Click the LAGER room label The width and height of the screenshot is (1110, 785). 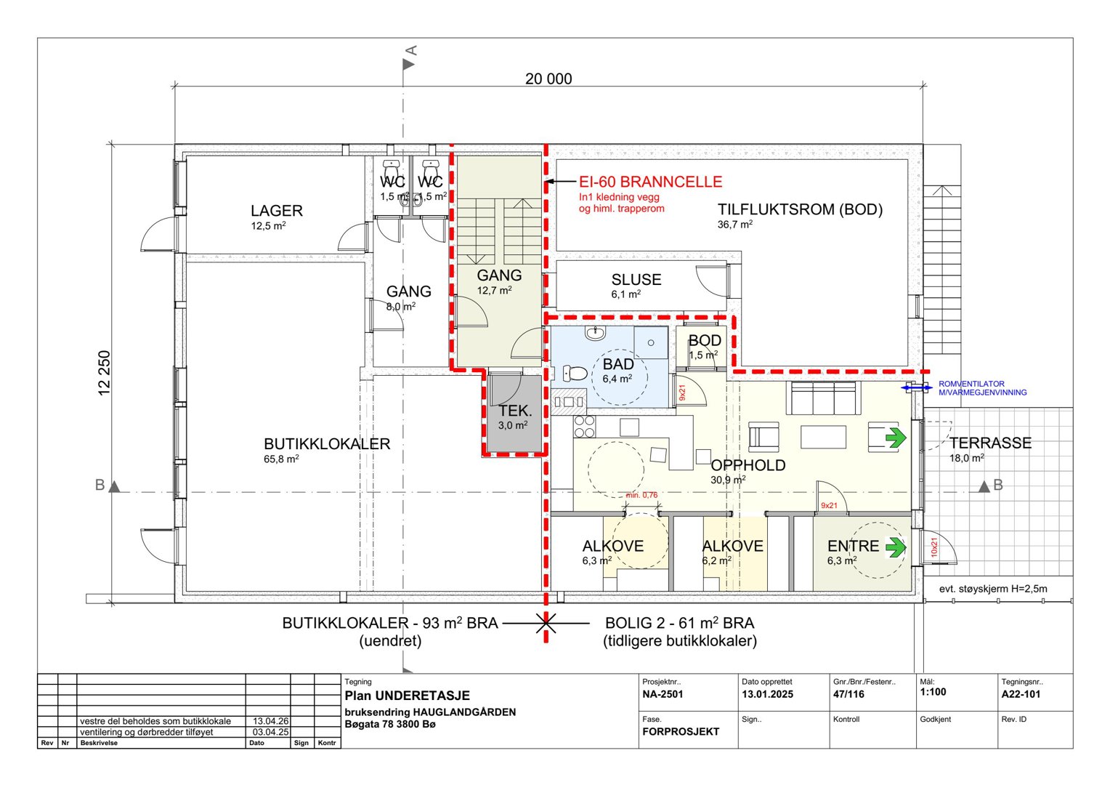pos(277,211)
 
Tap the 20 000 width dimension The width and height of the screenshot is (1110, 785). pos(548,78)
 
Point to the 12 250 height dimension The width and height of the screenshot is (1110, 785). pos(104,373)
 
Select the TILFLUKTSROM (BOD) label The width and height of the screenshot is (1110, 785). pos(801,209)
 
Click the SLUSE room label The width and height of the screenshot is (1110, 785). pos(636,280)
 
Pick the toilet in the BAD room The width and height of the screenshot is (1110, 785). pos(575,373)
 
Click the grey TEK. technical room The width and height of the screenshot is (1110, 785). pos(514,414)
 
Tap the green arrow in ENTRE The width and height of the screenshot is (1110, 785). pos(896,547)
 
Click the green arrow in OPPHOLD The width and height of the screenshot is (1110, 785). pos(896,438)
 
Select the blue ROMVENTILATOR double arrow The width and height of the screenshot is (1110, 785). pos(917,387)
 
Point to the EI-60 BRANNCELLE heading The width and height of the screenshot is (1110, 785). pos(651,182)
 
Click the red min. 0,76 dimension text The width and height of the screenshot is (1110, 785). pos(641,495)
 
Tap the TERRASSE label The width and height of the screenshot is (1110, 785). pos(991,443)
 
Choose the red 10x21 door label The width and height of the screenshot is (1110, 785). pos(935,547)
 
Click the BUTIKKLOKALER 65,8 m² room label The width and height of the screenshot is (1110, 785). pos(327,450)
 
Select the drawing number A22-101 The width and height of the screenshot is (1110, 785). pos(1021,694)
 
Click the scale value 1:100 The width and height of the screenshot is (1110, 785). pos(933,692)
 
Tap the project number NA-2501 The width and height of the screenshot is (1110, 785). pos(663,694)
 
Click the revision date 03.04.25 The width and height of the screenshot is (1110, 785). pos(270,732)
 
